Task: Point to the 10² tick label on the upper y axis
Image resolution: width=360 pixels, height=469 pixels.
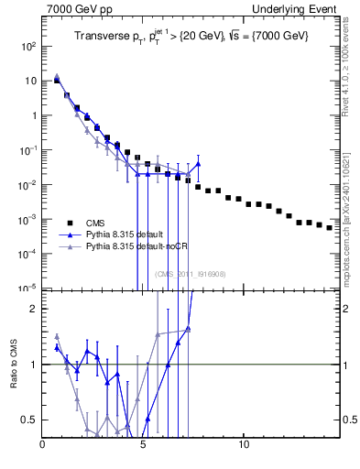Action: [28, 46]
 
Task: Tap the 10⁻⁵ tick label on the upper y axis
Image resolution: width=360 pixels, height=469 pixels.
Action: [28, 289]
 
